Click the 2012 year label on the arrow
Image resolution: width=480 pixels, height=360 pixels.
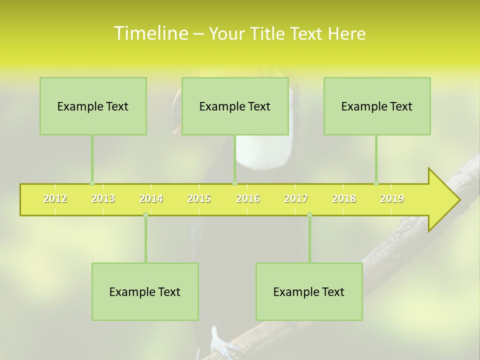55,198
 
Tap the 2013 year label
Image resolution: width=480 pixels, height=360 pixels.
103,198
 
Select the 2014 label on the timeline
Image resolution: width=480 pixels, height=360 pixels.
151,198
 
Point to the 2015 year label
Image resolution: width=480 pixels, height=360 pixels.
199,198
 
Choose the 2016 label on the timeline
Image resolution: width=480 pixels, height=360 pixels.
248,198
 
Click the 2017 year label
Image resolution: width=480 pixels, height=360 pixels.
296,198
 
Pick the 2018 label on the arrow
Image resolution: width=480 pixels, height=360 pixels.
344,198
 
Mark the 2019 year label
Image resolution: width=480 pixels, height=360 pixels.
392,198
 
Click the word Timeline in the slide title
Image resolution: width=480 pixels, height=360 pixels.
150,33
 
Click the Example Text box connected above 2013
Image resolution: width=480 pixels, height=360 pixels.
93,106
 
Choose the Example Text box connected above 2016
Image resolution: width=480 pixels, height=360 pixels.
235,106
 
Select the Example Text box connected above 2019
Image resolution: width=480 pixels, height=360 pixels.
377,106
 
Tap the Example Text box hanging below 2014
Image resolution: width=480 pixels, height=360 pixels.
145,291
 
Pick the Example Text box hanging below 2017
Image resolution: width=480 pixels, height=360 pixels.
309,291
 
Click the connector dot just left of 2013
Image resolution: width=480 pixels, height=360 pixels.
92,183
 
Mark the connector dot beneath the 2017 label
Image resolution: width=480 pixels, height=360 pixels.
309,215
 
